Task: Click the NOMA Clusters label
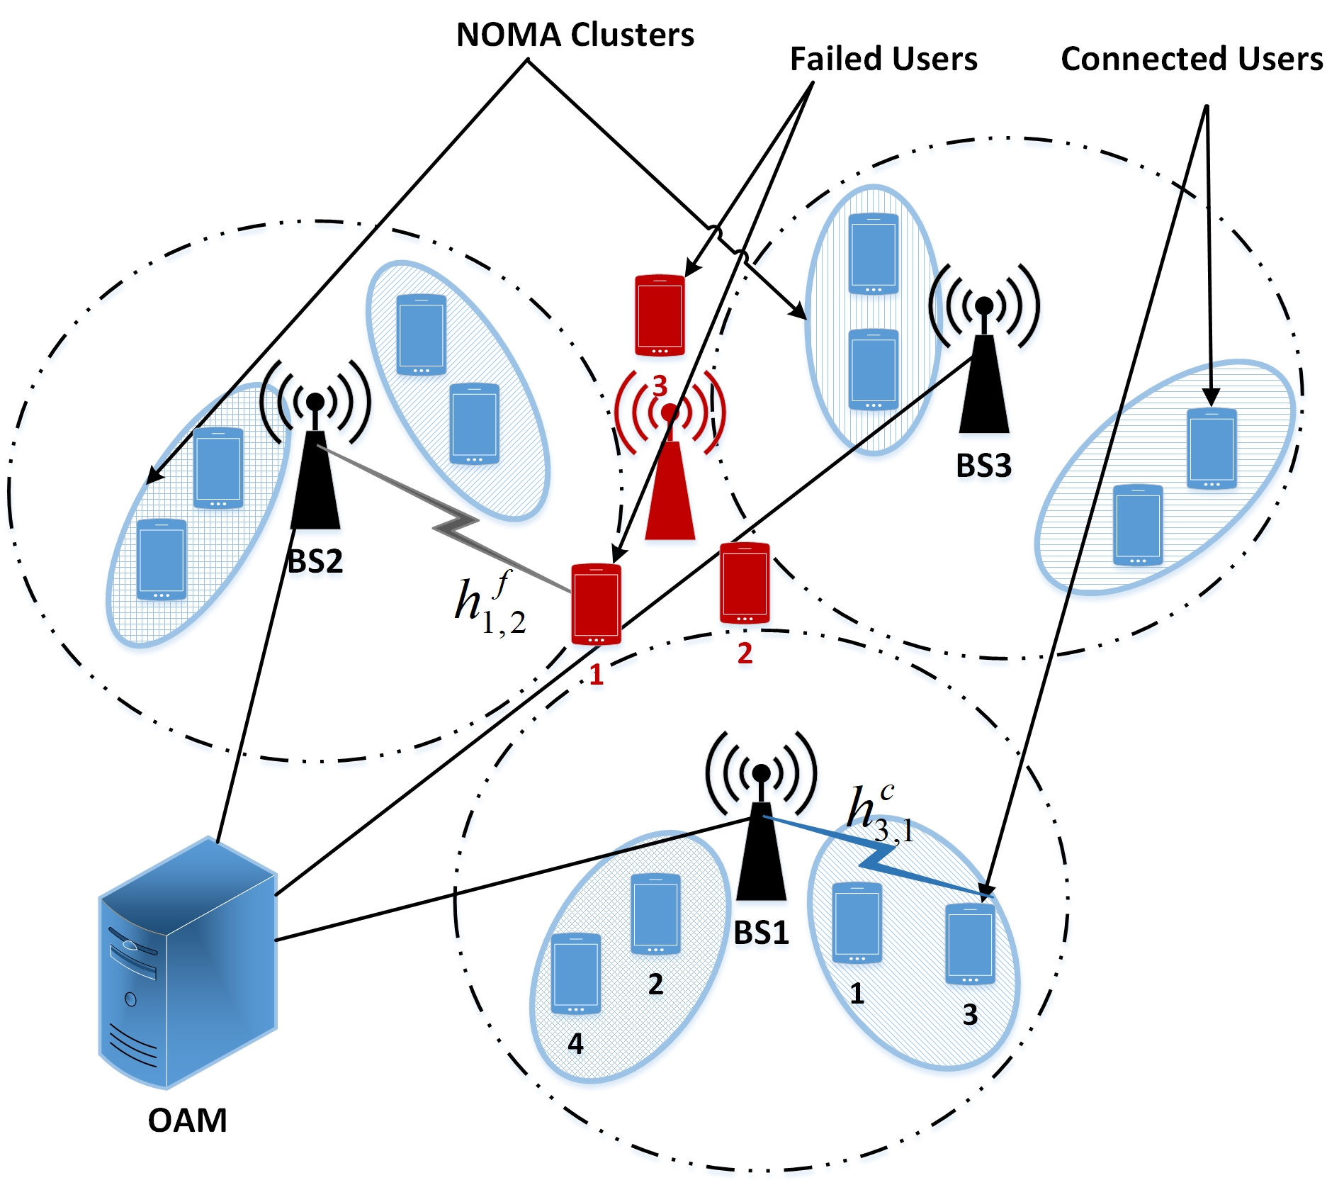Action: click(x=575, y=35)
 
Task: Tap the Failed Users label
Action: click(x=883, y=59)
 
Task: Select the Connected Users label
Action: click(x=1192, y=59)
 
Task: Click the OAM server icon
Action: click(x=188, y=962)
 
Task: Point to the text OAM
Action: click(x=188, y=1121)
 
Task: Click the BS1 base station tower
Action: click(x=762, y=815)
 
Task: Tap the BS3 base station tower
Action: click(x=984, y=348)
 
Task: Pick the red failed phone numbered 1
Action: click(x=597, y=604)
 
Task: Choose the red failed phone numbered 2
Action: click(x=745, y=583)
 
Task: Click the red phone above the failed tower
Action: click(x=660, y=315)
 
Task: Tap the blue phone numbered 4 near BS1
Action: click(x=576, y=973)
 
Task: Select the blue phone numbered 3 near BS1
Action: click(x=971, y=944)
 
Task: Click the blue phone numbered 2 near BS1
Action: click(x=655, y=914)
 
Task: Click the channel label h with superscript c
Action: click(x=881, y=813)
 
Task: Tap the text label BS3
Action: click(x=983, y=466)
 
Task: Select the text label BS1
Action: click(x=762, y=933)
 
